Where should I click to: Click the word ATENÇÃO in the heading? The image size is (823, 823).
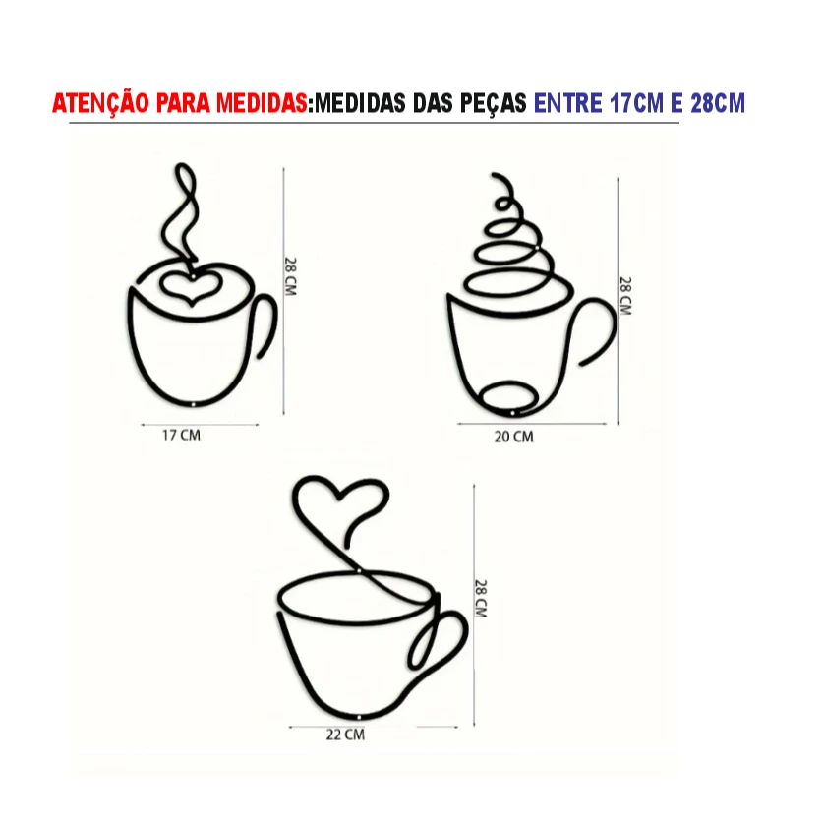(x=100, y=103)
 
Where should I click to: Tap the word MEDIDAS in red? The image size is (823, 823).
(x=262, y=103)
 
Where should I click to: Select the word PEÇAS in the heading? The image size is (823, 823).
(x=494, y=103)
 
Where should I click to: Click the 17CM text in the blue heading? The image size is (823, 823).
(x=637, y=103)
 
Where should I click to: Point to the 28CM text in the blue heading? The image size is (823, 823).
(x=718, y=103)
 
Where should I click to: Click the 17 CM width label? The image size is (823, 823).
(x=181, y=436)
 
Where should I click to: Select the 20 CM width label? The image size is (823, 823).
(x=514, y=437)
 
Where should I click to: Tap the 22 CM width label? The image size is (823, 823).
(x=345, y=735)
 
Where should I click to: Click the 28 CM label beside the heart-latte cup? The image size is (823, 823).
(x=290, y=276)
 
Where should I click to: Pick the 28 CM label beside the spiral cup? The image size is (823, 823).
(x=625, y=296)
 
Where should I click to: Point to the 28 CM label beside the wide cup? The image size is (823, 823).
(x=481, y=599)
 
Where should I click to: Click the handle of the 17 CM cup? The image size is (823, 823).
(x=273, y=325)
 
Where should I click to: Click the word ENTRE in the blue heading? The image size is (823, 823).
(x=568, y=103)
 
